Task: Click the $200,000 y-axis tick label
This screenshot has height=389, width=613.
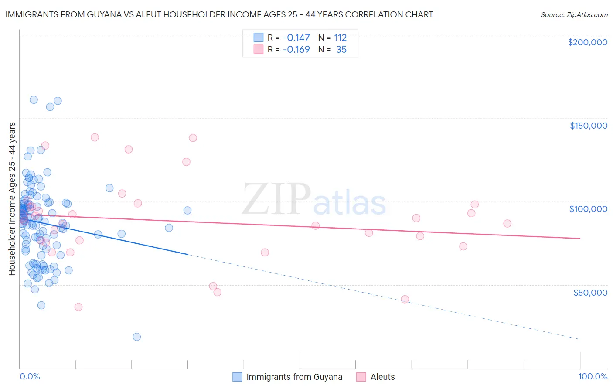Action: (587, 42)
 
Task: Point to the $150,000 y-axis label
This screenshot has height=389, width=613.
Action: (588, 126)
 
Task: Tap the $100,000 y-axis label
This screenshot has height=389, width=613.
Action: (588, 209)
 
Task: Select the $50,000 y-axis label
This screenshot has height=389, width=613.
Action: (590, 292)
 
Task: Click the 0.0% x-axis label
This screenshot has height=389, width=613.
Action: (30, 376)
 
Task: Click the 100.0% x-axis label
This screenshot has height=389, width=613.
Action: (593, 376)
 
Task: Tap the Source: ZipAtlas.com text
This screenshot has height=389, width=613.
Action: (574, 14)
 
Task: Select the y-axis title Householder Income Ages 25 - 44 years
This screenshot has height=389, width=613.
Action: (12, 198)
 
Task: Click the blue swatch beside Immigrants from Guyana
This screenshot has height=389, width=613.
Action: (237, 377)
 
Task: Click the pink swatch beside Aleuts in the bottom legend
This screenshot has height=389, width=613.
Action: (361, 377)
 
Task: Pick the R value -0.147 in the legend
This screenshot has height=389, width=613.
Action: (296, 38)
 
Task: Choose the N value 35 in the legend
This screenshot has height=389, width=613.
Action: (341, 50)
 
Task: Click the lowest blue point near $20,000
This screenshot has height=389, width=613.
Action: (136, 337)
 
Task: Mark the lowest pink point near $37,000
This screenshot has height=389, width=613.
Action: (78, 307)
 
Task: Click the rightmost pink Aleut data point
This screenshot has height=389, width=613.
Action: (507, 223)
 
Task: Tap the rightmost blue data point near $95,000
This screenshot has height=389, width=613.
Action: (187, 210)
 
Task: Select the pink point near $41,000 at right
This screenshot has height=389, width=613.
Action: (405, 299)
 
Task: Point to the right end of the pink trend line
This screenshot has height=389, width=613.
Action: (580, 239)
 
